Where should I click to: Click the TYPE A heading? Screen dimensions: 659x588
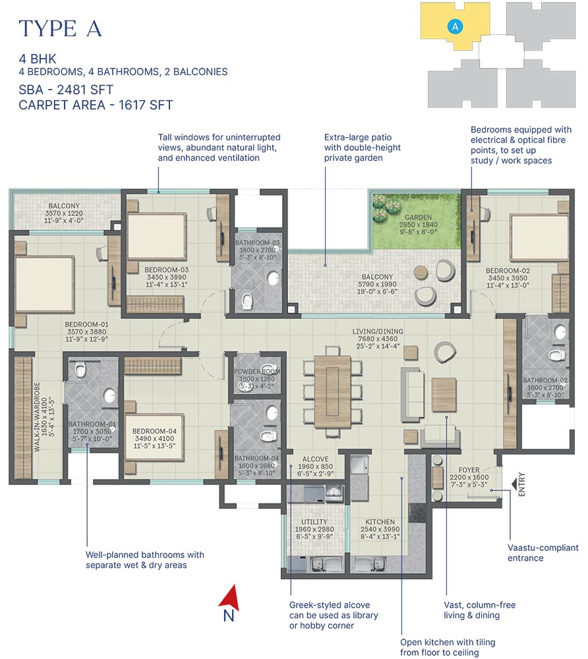(x=61, y=28)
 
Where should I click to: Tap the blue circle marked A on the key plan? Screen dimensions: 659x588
(x=454, y=26)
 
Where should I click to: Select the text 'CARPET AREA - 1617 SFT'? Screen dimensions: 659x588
(x=96, y=104)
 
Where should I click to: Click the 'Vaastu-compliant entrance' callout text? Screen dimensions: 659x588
(x=543, y=553)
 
